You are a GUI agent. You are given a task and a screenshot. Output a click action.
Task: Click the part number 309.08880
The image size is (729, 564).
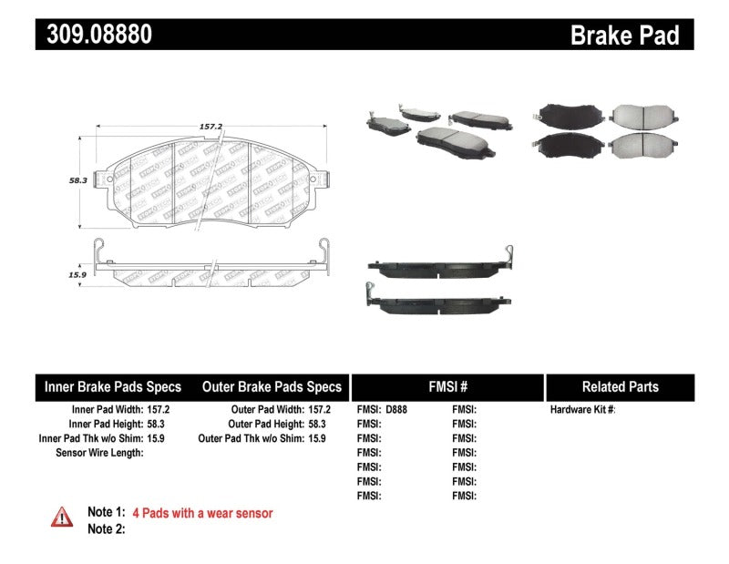pyautogui.click(x=94, y=35)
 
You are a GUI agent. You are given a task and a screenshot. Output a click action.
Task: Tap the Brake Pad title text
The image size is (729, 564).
pyautogui.click(x=624, y=36)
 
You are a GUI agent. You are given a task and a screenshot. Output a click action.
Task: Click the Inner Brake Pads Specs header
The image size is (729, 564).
pyautogui.click(x=113, y=386)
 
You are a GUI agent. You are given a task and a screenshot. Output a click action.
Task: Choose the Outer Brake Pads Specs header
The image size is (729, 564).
pyautogui.click(x=272, y=386)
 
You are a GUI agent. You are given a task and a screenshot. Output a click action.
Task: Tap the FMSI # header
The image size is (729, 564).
pyautogui.click(x=447, y=386)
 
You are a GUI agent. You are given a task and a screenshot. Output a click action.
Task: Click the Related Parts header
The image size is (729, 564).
pyautogui.click(x=620, y=386)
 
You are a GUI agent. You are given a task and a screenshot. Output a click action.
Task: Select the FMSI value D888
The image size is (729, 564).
pyautogui.click(x=397, y=410)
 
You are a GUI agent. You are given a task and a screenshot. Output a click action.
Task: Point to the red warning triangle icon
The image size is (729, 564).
pyautogui.click(x=61, y=517)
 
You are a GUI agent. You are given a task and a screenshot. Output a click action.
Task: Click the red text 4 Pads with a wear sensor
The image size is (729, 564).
pyautogui.click(x=202, y=513)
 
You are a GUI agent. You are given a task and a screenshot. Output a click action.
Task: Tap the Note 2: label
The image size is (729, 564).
pyautogui.click(x=106, y=528)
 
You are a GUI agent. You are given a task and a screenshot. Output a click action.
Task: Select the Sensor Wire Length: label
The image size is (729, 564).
pyautogui.click(x=99, y=452)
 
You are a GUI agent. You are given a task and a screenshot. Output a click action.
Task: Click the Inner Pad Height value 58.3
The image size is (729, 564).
pyautogui.click(x=159, y=424)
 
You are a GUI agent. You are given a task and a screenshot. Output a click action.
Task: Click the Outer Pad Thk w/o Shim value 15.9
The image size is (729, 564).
pyautogui.click(x=316, y=438)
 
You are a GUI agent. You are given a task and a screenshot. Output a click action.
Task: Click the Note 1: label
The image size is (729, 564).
pyautogui.click(x=106, y=513)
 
